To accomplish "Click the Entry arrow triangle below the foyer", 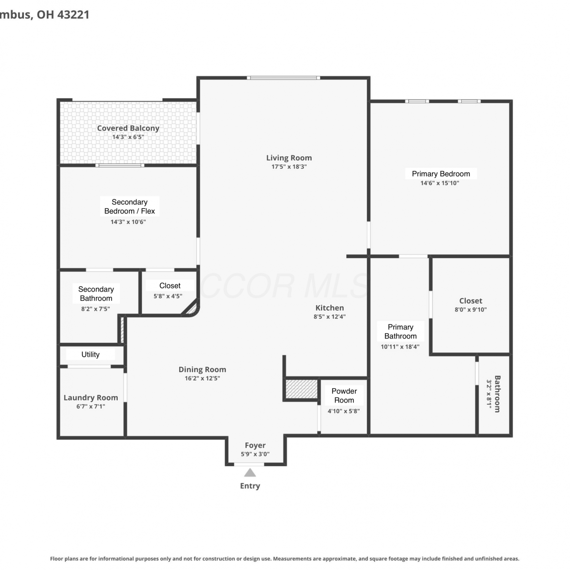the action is click(250, 473).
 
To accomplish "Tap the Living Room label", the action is click(289, 158).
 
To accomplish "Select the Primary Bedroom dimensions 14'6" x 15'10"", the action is click(440, 183).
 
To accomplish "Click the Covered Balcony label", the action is click(128, 128).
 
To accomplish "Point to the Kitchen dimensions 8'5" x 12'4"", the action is click(329, 317).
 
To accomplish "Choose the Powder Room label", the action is click(344, 396).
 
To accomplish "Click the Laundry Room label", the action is click(91, 397).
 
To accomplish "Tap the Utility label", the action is click(90, 355).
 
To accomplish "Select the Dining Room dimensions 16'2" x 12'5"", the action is click(202, 378).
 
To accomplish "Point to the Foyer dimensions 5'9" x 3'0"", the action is click(255, 454).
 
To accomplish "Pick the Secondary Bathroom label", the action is click(96, 294).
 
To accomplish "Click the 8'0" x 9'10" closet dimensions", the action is click(471, 310).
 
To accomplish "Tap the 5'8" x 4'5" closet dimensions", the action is click(168, 296).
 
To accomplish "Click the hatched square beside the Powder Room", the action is click(301, 389).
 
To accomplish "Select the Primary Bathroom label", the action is click(401, 331).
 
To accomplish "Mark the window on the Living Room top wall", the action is click(283, 78).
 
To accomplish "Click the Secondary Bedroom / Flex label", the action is click(130, 206).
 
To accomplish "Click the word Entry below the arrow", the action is click(250, 486).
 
